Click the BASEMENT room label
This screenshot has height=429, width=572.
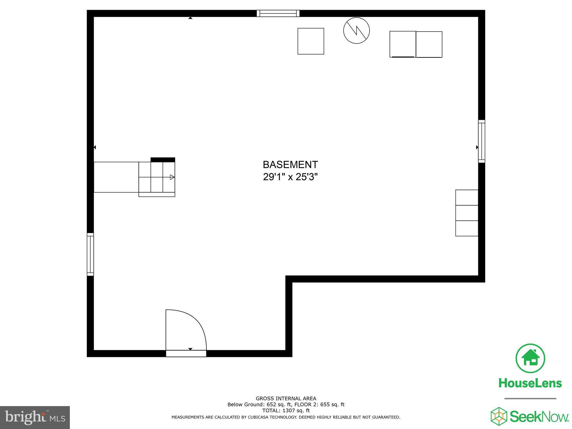pos(290,165)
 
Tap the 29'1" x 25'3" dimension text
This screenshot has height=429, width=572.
pos(290,177)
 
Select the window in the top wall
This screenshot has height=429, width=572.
pos(278,13)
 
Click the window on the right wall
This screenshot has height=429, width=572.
pos(482,141)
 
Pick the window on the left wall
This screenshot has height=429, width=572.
pos(90,254)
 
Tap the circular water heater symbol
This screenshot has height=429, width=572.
pos(356,30)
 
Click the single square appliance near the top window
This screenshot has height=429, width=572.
pos(311,41)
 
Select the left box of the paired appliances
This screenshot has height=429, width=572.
pos(402,44)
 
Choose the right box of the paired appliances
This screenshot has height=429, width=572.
pos(429,44)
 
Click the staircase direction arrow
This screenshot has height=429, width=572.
pos(172,177)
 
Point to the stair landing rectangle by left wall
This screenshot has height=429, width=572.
pos(116,177)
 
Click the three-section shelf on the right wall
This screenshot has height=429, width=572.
pos(467,213)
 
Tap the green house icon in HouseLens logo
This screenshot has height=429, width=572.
pos(530,358)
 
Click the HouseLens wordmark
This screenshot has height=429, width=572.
pos(530,383)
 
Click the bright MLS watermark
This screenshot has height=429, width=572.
pos(35,418)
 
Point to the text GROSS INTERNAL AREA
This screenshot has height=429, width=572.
pos(286,399)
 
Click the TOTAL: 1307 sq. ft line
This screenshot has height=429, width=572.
pos(286,411)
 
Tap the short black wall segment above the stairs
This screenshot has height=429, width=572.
pos(163,160)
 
